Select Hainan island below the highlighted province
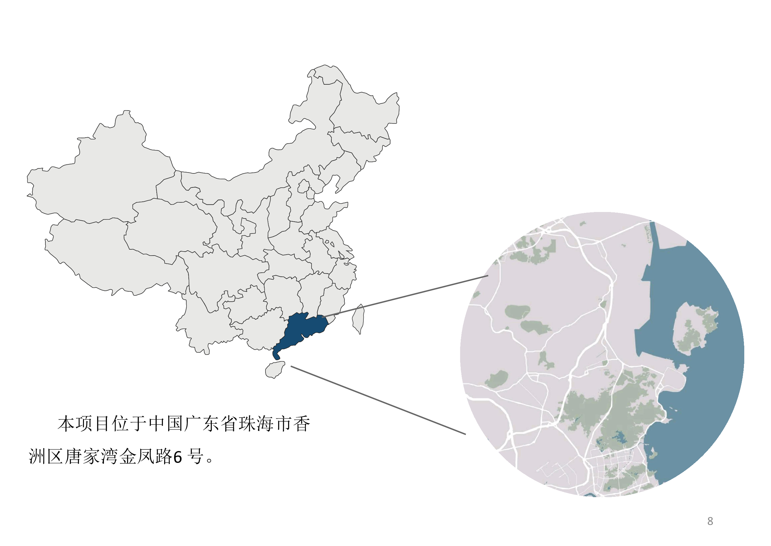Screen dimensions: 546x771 (x=275, y=370)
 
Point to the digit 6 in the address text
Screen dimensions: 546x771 (x=177, y=457)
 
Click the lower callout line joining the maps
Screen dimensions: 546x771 (x=378, y=400)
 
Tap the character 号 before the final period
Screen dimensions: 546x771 (x=196, y=457)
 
